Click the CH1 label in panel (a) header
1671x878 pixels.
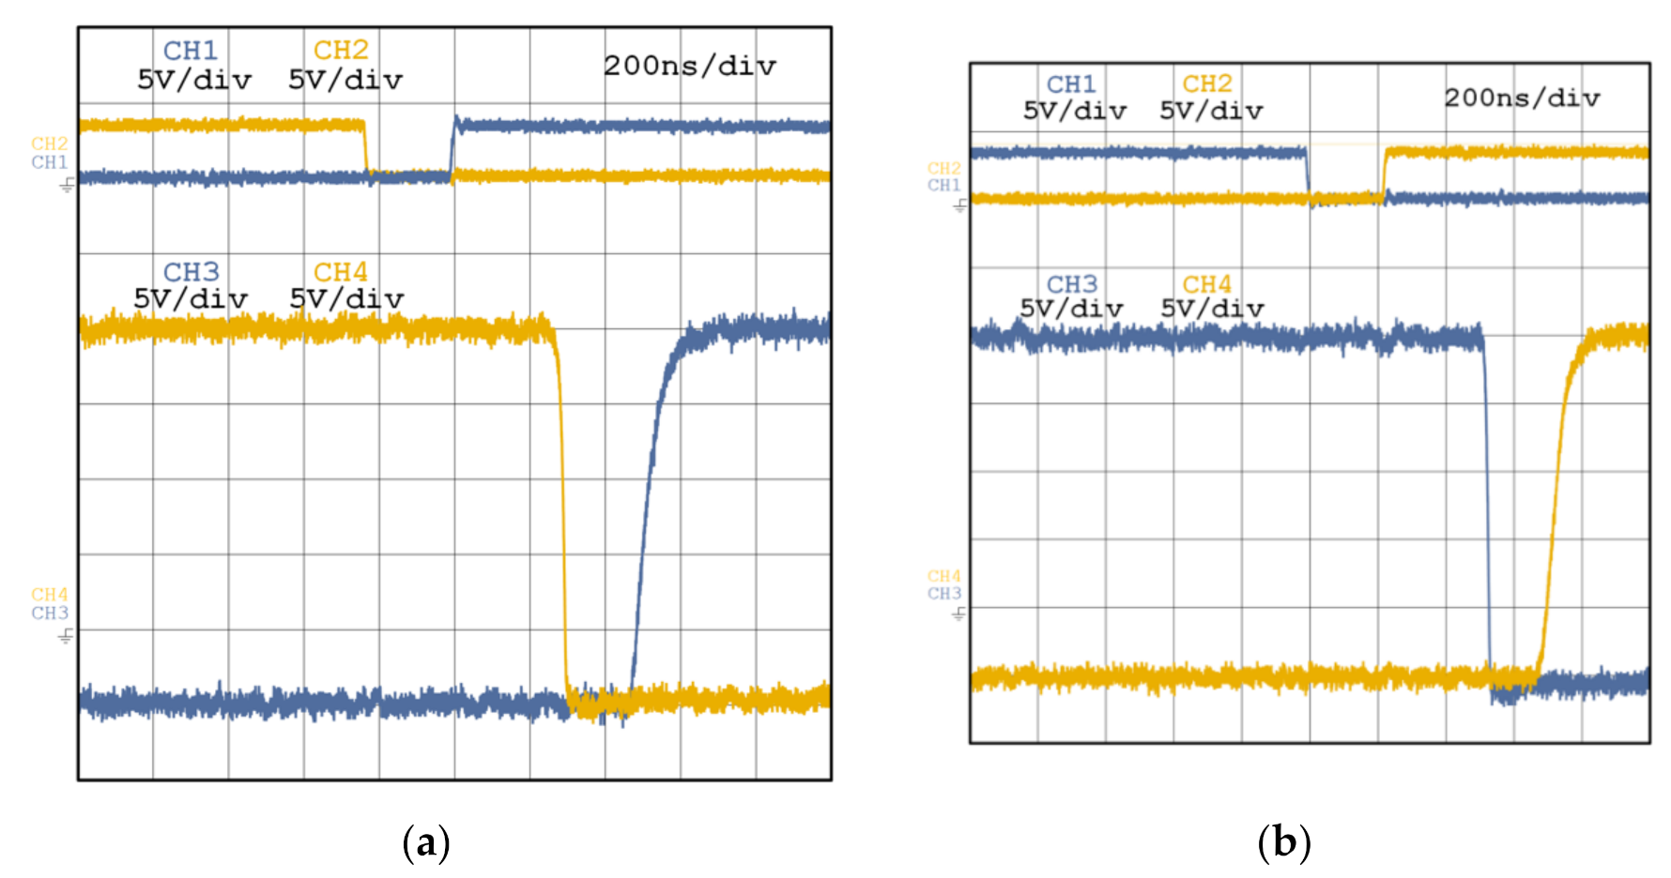point(190,50)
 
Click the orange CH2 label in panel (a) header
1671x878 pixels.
point(340,50)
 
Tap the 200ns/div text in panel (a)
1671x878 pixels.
point(690,66)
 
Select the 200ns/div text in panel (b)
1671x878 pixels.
point(1522,98)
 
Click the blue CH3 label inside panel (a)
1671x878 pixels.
point(191,272)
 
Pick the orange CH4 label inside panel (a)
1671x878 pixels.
point(340,272)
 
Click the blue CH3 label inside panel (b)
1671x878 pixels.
point(1072,284)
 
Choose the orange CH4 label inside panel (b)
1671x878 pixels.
point(1206,284)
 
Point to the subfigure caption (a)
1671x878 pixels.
point(426,842)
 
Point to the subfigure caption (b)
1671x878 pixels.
point(1283,842)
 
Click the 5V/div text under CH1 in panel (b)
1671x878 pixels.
point(1074,111)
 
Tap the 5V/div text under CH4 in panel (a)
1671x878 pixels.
point(346,299)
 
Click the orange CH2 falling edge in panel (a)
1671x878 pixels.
point(366,148)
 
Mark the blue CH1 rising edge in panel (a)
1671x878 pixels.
point(452,148)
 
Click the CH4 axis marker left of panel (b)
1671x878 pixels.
point(943,576)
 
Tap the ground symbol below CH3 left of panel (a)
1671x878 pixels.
point(66,637)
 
